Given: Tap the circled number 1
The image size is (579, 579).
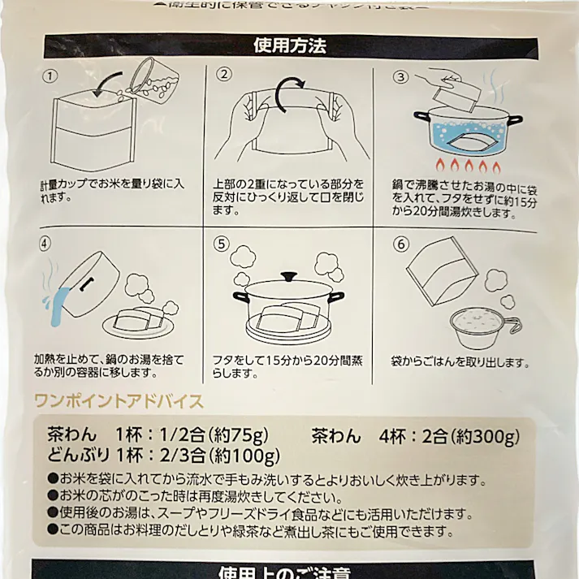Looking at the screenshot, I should pos(50,76).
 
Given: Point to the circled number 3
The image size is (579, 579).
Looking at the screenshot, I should pos(399,77).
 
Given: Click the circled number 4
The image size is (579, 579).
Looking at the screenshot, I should pos(45,243).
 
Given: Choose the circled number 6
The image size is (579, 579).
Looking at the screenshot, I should pos(399,243).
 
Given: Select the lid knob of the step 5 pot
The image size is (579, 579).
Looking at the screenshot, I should pos(288,276).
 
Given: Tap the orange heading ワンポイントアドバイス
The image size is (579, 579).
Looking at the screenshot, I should pos(118,400).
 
